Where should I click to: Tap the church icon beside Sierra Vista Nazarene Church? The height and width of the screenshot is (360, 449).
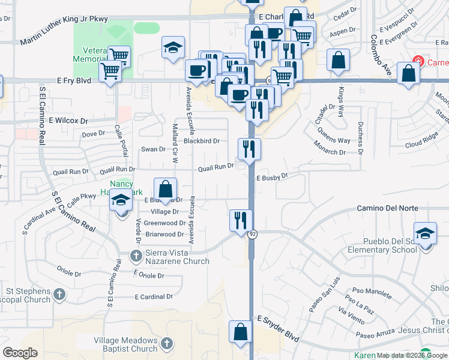point(136,256)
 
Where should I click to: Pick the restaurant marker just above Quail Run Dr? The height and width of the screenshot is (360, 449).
point(249,148)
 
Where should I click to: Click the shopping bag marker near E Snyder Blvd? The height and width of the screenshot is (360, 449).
point(240,331)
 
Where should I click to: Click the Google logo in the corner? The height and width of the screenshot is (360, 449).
point(20,353)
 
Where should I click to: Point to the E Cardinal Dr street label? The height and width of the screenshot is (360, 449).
point(154,296)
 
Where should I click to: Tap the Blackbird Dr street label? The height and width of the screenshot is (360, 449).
point(202,141)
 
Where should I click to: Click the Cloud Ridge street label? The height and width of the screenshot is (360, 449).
point(421,142)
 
